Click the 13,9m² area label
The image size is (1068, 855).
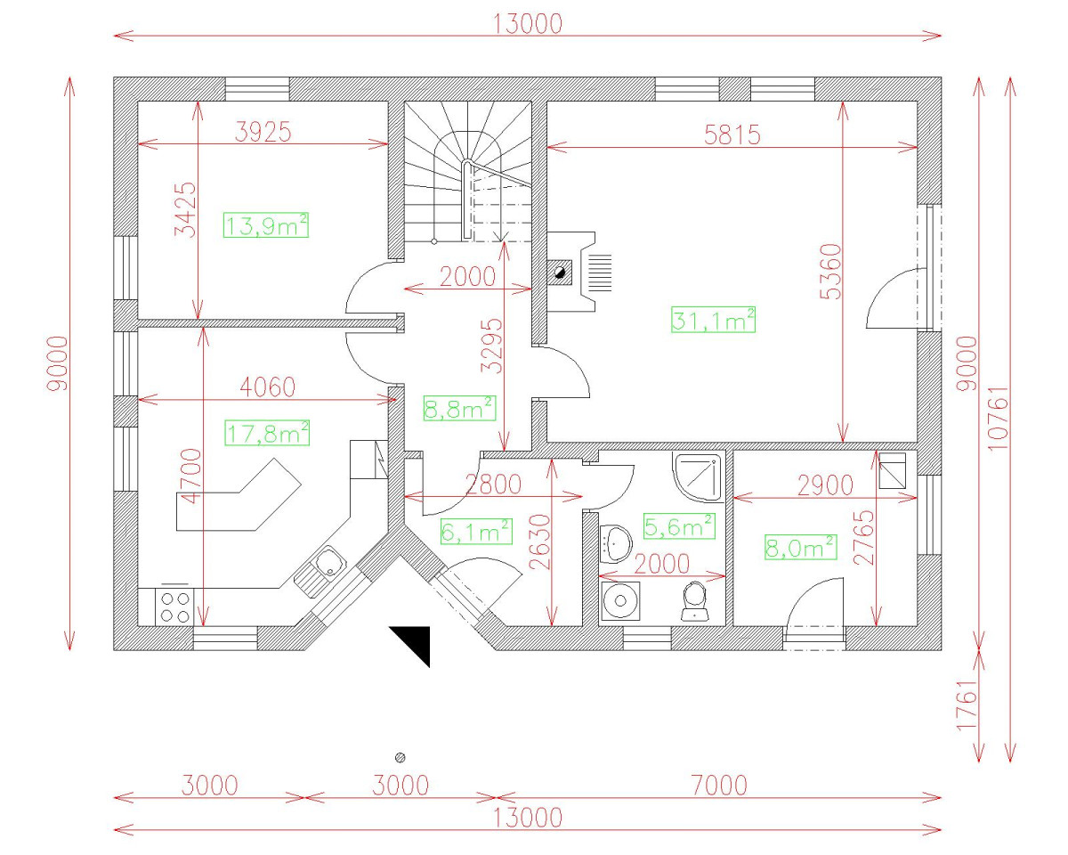pyautogui.click(x=266, y=225)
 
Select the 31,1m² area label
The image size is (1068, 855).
pyautogui.click(x=713, y=319)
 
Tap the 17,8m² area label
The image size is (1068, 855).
pyautogui.click(x=267, y=434)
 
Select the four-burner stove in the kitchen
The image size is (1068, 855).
pyautogui.click(x=174, y=606)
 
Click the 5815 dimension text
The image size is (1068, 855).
pyautogui.click(x=732, y=134)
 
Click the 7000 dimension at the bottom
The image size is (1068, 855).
pyautogui.click(x=718, y=786)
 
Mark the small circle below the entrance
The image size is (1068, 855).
pyautogui.click(x=400, y=756)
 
